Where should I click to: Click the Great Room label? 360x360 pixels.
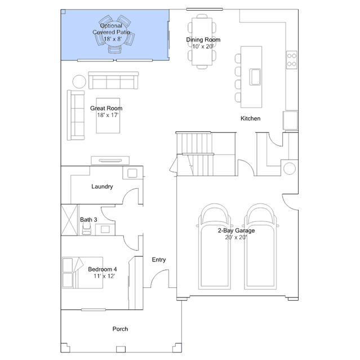click(x=106, y=112)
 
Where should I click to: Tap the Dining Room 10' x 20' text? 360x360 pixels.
click(x=203, y=43)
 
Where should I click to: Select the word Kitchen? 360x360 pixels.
click(x=250, y=118)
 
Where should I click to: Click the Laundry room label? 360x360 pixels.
click(x=102, y=186)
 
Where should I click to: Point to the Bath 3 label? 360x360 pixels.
click(x=88, y=220)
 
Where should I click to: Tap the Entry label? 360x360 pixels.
click(x=159, y=260)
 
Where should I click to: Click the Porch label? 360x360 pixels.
click(x=120, y=329)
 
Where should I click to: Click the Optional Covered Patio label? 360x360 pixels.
click(x=112, y=32)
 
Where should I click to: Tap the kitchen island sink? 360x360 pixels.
click(x=255, y=77)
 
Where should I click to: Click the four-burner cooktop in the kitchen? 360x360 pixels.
click(x=292, y=60)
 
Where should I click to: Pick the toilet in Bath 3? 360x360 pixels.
click(x=87, y=228)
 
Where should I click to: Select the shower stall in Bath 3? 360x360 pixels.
click(x=69, y=220)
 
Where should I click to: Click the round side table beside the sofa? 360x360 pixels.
click(x=79, y=82)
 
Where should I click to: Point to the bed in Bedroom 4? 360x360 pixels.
click(x=82, y=273)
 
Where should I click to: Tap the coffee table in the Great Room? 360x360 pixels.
click(x=108, y=115)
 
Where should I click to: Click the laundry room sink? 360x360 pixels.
click(x=132, y=174)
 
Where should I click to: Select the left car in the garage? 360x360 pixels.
click(x=215, y=246)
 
